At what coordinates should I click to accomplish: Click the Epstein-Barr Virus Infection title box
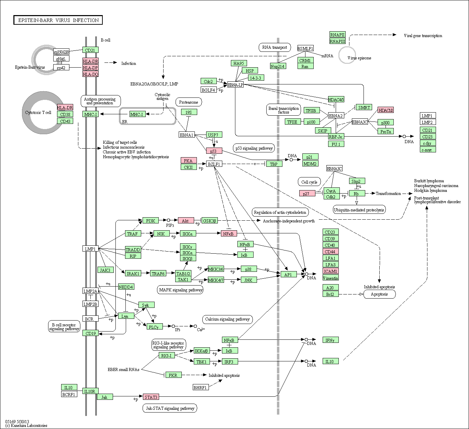58,20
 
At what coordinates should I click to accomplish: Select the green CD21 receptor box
90,50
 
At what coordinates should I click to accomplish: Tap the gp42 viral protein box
61,68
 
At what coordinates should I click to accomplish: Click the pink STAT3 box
151,397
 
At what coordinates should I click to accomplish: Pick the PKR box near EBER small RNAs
173,375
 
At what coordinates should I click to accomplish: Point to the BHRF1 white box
200,387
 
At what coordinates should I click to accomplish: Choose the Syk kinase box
146,305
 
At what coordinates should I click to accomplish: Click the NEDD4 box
126,287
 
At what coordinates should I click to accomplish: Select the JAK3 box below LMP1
105,270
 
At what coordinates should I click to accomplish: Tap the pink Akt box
186,220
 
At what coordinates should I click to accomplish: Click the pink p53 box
214,151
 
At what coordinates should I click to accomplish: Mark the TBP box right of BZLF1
274,164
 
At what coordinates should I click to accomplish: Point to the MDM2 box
310,164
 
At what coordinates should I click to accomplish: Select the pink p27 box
307,193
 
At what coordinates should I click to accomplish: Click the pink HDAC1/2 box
386,110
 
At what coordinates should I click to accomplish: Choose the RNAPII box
337,35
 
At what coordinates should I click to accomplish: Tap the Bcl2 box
330,294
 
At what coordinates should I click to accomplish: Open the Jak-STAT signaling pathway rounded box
170,408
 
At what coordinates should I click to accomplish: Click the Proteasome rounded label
189,102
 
